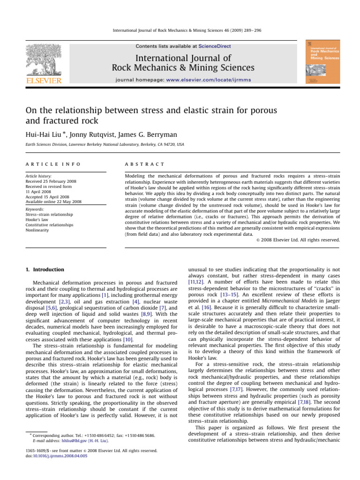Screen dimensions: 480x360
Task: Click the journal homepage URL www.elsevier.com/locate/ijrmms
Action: [x=210, y=80]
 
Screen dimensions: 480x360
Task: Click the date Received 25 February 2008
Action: [x=53, y=181]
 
